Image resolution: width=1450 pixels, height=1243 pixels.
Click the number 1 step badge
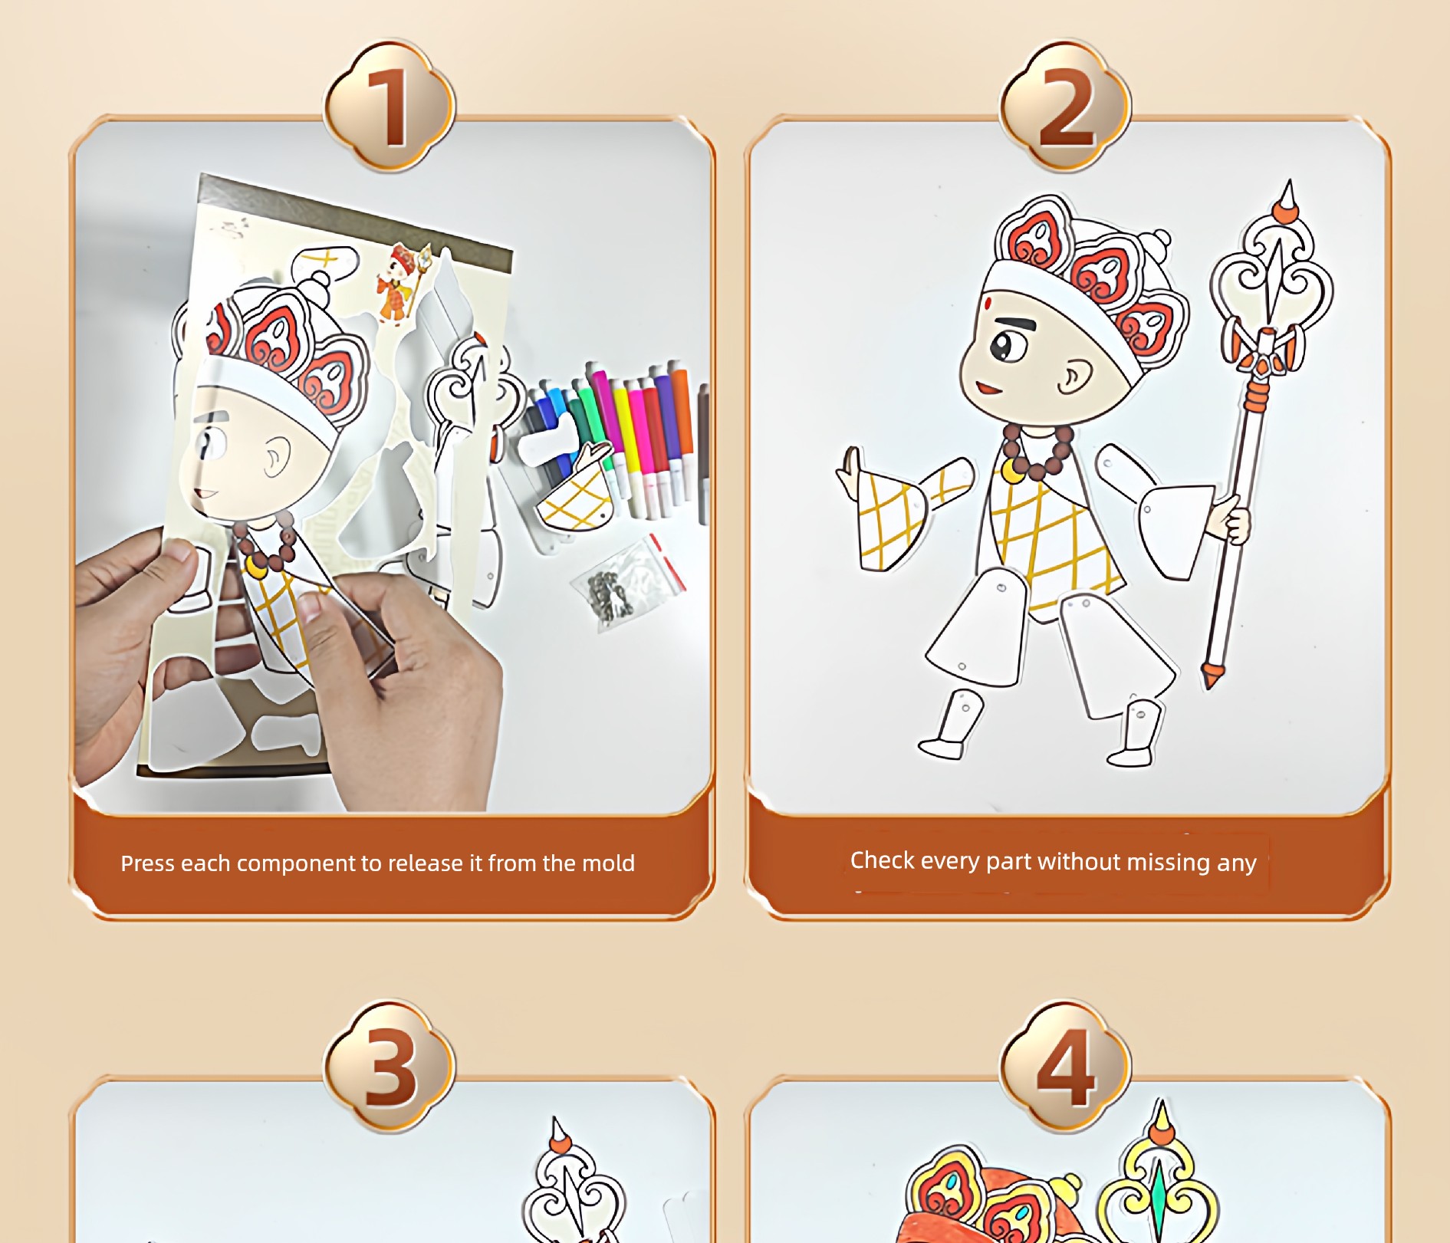(390, 105)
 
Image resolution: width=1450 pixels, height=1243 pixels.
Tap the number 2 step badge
(1065, 105)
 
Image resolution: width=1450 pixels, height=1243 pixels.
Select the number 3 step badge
(390, 1066)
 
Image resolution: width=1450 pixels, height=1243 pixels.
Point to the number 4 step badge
(1065, 1066)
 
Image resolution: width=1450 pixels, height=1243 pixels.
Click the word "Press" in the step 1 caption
(148, 863)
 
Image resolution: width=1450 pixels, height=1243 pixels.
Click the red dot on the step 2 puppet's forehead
(989, 304)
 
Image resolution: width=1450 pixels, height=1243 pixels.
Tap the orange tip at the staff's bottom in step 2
(1212, 675)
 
